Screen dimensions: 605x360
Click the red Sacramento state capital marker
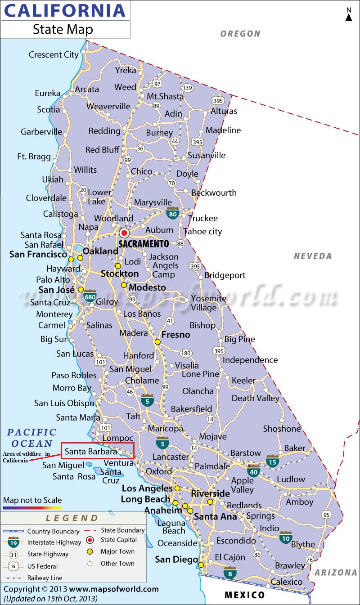[x=124, y=233]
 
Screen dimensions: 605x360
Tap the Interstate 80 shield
[x=173, y=213]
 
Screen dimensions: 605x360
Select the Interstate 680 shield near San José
[x=90, y=296]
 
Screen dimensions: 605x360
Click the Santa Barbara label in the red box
[x=91, y=451]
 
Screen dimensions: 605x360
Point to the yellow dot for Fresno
[x=157, y=342]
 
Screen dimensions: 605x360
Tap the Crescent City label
[x=54, y=55]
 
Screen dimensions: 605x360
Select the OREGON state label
[x=241, y=34]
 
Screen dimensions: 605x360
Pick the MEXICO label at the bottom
[x=245, y=595]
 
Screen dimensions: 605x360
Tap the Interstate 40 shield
[x=253, y=471]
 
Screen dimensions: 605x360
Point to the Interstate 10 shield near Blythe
[x=285, y=537]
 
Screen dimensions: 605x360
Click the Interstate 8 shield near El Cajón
[x=230, y=573]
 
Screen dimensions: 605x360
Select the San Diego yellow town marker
[x=201, y=565]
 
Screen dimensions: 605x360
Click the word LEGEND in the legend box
[x=72, y=518]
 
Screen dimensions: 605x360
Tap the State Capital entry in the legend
[x=118, y=540]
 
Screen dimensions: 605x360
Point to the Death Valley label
[x=255, y=398]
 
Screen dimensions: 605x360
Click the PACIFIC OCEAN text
[x=31, y=438]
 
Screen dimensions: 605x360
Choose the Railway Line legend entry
[x=45, y=578]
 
